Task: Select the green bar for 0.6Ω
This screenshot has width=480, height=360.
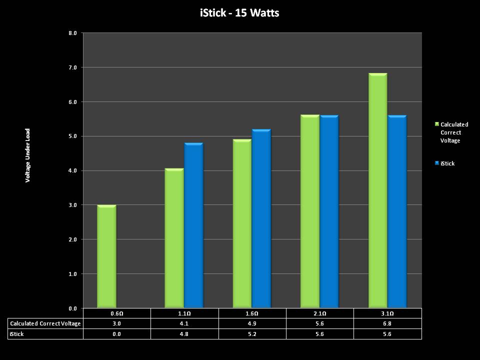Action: [x=106, y=256]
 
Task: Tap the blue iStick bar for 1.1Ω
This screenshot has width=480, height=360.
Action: [x=193, y=225]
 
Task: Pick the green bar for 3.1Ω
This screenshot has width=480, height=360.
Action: [x=377, y=190]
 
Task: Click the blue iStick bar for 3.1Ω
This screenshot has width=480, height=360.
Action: [x=397, y=211]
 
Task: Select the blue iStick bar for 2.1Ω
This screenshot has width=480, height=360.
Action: [x=329, y=211]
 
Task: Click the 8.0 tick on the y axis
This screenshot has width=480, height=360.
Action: [x=72, y=33]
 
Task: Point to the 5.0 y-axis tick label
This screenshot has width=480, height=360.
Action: [x=72, y=136]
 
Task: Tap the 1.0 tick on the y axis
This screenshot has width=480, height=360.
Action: [x=72, y=274]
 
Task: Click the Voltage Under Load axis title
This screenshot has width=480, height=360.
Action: [x=28, y=155]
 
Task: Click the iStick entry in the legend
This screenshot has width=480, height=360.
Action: [x=447, y=163]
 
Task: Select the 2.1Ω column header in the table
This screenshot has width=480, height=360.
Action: [x=320, y=313]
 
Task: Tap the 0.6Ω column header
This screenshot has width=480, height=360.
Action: [x=116, y=313]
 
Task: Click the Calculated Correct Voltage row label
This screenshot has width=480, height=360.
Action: [x=45, y=323]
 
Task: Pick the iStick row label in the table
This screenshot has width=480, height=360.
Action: [x=17, y=334]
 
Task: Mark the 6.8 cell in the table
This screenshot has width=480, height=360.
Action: [x=387, y=323]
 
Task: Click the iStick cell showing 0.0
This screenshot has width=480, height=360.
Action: [x=116, y=334]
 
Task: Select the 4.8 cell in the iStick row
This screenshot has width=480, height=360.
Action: [x=184, y=334]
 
